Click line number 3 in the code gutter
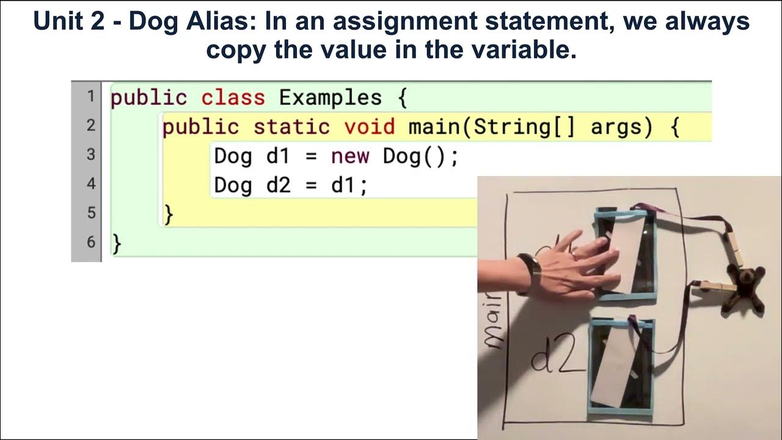[x=90, y=155]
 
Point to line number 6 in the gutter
[x=90, y=242]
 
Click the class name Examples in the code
[x=330, y=98]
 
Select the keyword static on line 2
[x=291, y=127]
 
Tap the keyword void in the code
[x=369, y=127]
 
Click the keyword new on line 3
[x=349, y=156]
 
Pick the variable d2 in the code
[x=279, y=185]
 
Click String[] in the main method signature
[x=524, y=127]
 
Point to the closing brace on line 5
[x=169, y=215]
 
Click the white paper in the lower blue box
[x=618, y=364]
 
